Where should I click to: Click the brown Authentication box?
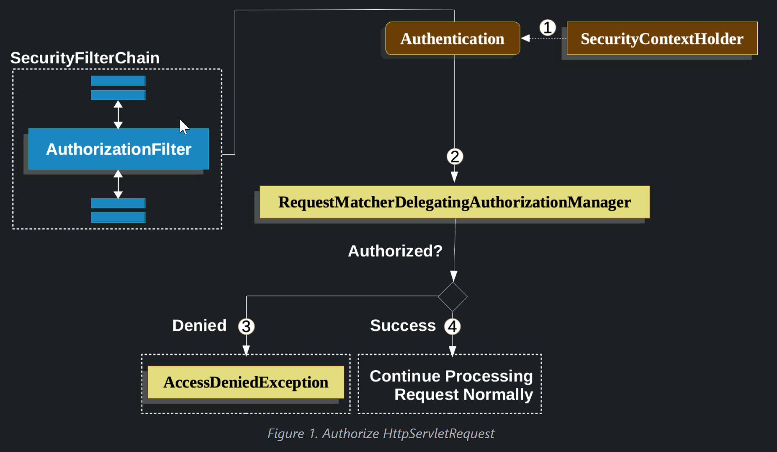[x=453, y=38]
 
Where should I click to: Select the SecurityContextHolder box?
[x=662, y=38]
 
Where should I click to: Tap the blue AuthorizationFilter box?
[x=118, y=149]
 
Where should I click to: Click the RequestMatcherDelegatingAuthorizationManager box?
[x=455, y=202]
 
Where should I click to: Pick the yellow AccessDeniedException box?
[x=246, y=382]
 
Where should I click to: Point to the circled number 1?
[x=548, y=28]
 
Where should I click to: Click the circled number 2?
[x=455, y=156]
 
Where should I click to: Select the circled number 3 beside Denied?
[x=246, y=326]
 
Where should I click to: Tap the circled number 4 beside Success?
[x=452, y=326]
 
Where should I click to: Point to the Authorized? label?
[x=395, y=251]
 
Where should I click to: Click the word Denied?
[x=199, y=325]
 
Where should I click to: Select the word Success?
[x=403, y=325]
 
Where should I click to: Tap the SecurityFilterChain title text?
[x=85, y=58]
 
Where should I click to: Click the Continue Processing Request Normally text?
[x=451, y=385]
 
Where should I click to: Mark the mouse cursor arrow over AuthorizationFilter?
[x=184, y=127]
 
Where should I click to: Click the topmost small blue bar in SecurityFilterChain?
[x=118, y=81]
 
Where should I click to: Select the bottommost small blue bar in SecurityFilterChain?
[x=118, y=217]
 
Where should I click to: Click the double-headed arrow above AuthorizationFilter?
[x=118, y=114]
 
